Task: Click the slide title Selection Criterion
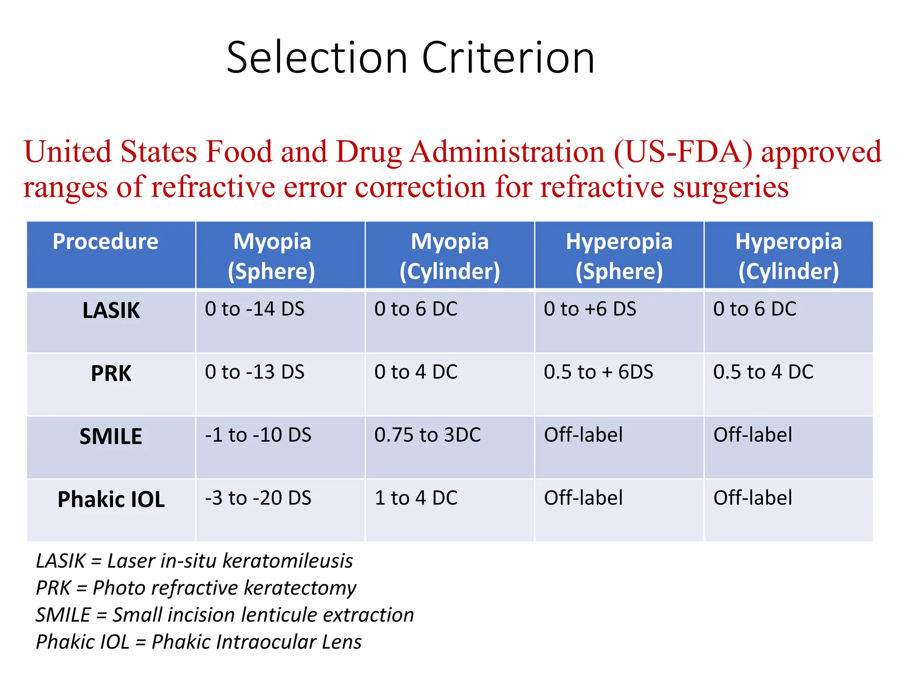coord(410,58)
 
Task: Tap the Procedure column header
coord(105,242)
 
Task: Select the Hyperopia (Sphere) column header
coord(619,256)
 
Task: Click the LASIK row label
coord(111,311)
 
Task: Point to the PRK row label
coord(111,374)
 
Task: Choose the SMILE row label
coord(111,437)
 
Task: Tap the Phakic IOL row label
coord(111,500)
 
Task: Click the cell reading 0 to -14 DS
coord(254,309)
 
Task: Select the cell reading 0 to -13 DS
coord(254,372)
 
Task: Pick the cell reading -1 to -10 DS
coord(258,435)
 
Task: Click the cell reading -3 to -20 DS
coord(258,498)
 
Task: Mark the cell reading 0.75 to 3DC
coord(427,435)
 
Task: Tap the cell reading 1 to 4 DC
coord(416,498)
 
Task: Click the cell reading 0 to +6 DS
coord(590,309)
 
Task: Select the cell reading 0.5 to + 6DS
coord(598,372)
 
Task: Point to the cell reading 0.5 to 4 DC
coord(763,372)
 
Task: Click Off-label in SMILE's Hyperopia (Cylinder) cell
coord(752,435)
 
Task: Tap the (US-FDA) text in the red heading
coord(683,152)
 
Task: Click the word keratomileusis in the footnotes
coord(288,561)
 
